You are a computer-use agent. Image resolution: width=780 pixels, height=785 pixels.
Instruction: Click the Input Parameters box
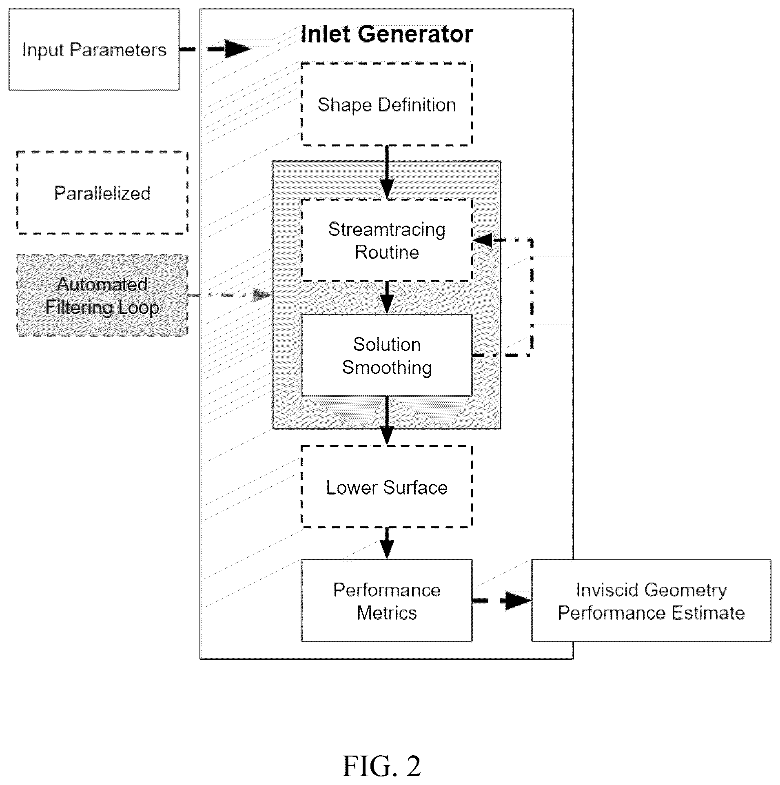[94, 49]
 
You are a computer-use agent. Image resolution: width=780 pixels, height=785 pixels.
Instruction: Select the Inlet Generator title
[386, 34]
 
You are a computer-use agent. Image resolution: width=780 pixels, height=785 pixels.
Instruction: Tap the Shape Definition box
[387, 104]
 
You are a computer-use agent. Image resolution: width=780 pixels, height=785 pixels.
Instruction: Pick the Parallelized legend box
[102, 193]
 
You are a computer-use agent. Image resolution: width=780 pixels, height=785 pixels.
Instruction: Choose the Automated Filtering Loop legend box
[102, 295]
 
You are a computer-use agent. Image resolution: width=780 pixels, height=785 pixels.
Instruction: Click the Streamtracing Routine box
[387, 240]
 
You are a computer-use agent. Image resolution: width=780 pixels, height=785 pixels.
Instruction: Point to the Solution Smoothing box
[387, 355]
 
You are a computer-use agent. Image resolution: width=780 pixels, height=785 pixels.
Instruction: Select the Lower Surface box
[387, 487]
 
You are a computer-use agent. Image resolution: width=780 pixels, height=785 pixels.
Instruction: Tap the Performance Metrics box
[387, 601]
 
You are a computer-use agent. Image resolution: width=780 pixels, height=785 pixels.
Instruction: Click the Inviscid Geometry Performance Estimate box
[651, 601]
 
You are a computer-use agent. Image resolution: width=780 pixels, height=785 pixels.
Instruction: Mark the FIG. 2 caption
[381, 766]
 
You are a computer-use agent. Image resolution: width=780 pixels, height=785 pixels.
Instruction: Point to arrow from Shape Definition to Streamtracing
[387, 172]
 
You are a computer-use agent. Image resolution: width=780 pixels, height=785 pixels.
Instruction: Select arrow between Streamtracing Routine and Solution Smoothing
[387, 298]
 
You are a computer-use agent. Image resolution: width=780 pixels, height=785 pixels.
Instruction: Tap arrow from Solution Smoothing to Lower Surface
[387, 421]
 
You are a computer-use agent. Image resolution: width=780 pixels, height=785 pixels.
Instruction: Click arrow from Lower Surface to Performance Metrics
[387, 543]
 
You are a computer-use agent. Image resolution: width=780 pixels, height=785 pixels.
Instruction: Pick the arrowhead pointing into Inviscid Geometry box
[519, 601]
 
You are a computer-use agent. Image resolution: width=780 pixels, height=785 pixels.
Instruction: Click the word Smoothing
[387, 368]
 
